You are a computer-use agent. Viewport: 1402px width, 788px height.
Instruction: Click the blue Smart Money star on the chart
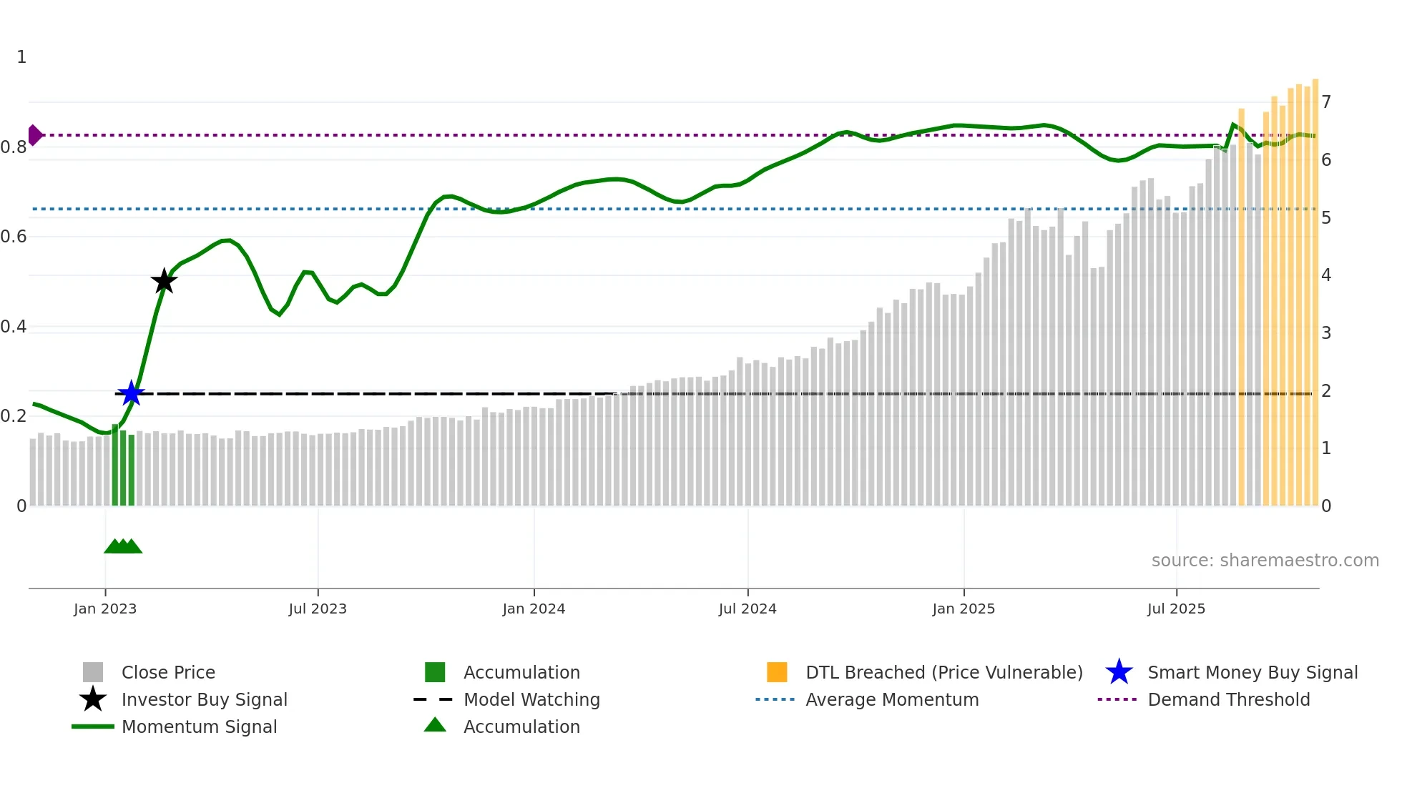click(x=131, y=393)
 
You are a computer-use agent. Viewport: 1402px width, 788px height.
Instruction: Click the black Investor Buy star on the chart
click(x=164, y=281)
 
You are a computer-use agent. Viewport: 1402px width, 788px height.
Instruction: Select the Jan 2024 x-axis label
click(x=534, y=609)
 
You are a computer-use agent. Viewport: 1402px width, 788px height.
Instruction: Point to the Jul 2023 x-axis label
click(x=318, y=609)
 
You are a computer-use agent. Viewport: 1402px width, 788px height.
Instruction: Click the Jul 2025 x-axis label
click(x=1176, y=609)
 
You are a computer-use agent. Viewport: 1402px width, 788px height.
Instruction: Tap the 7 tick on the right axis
click(x=1326, y=102)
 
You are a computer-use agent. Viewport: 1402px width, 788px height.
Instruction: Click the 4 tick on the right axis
click(x=1326, y=275)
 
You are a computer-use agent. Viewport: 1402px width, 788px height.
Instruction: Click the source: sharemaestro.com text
click(x=1265, y=561)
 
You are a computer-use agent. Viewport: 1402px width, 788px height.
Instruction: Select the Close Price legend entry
click(x=168, y=672)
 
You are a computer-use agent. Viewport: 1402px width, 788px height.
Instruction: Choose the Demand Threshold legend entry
click(x=1228, y=699)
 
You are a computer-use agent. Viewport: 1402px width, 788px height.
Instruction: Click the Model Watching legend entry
click(x=531, y=699)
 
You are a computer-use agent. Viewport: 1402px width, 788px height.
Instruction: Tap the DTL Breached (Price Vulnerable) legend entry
click(x=943, y=672)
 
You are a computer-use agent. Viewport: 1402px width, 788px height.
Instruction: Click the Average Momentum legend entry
click(x=892, y=699)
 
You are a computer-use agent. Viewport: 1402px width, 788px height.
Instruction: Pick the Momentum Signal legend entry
click(x=199, y=727)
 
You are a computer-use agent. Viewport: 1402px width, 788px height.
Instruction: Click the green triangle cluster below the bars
click(x=123, y=546)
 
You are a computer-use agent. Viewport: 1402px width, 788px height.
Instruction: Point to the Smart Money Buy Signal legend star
click(x=1119, y=672)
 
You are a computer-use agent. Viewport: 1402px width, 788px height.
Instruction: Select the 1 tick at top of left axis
click(x=21, y=57)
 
